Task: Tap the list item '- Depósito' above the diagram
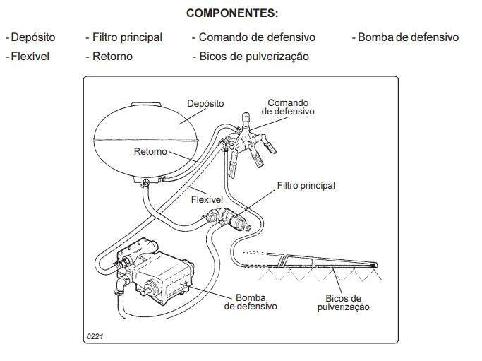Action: [31, 37]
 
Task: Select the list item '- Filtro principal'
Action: [123, 37]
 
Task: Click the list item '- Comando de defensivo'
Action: [253, 37]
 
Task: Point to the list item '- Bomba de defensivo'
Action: [405, 37]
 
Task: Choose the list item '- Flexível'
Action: [28, 56]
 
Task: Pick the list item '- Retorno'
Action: [109, 56]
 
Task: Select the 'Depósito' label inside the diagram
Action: [205, 104]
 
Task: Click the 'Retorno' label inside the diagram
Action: [150, 152]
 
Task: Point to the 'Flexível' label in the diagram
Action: [207, 200]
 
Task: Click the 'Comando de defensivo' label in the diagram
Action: [288, 107]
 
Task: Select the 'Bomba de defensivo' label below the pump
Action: [251, 302]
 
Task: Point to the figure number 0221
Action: [95, 336]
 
